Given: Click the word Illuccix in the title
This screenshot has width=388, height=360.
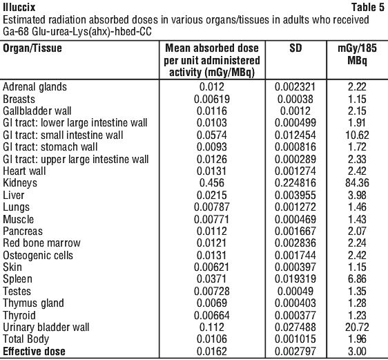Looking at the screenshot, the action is click(x=19, y=7).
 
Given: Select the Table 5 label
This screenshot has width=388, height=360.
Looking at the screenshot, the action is click(x=368, y=7).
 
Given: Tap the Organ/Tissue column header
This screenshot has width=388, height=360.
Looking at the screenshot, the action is click(x=32, y=48).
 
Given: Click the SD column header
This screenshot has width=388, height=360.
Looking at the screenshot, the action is click(x=295, y=48).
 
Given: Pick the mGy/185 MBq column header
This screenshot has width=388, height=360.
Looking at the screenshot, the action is click(x=358, y=54).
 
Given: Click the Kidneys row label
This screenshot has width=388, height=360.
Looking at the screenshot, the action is click(x=20, y=183).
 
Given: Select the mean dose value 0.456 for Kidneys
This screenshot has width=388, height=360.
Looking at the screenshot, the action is click(x=212, y=183).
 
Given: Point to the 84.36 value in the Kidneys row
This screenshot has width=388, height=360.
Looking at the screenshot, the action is click(x=357, y=183).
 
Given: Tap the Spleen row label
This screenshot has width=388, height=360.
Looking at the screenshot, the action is click(x=17, y=279).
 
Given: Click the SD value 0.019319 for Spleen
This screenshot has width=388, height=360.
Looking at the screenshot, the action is click(x=295, y=279).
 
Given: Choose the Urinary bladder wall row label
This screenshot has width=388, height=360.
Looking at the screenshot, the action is click(x=46, y=328).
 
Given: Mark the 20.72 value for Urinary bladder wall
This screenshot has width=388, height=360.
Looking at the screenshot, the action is click(x=357, y=328).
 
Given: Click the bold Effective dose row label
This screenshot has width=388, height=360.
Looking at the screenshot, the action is click(x=34, y=351).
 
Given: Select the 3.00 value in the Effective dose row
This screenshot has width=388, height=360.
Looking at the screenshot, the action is click(x=357, y=351).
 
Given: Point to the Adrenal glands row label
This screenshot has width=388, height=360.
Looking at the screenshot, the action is click(x=35, y=87).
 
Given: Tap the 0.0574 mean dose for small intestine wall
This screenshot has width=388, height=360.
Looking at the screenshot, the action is click(x=212, y=135).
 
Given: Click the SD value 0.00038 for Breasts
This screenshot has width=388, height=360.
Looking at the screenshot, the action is click(x=295, y=99).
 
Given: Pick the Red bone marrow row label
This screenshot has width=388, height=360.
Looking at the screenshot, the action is click(x=41, y=243).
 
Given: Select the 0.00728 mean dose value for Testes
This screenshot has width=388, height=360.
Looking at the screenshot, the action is click(x=212, y=291).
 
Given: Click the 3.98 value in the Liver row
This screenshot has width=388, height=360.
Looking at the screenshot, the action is click(x=357, y=195).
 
